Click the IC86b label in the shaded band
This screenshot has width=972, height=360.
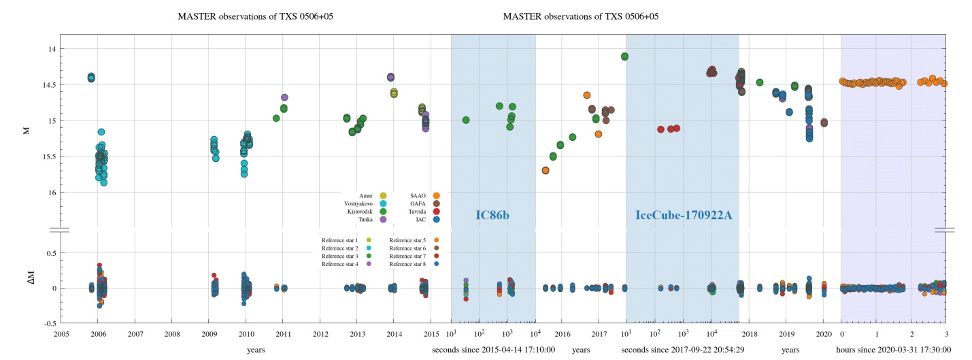coord(492,215)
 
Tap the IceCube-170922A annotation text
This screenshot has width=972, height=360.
coord(682,215)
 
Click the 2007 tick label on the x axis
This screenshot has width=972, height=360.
coord(135,334)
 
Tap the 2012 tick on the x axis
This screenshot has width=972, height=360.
coord(320,334)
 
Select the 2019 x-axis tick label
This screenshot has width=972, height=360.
coord(787,334)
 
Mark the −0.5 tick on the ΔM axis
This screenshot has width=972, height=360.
coord(48,323)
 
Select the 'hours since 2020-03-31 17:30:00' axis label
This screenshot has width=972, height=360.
coord(892,350)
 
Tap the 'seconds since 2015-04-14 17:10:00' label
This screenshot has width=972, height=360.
coord(493,350)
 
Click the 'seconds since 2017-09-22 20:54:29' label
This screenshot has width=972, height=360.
coord(682,350)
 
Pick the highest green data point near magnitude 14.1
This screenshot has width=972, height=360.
coord(624,56)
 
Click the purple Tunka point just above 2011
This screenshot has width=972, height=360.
coord(284,98)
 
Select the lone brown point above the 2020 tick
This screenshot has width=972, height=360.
coord(824,122)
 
